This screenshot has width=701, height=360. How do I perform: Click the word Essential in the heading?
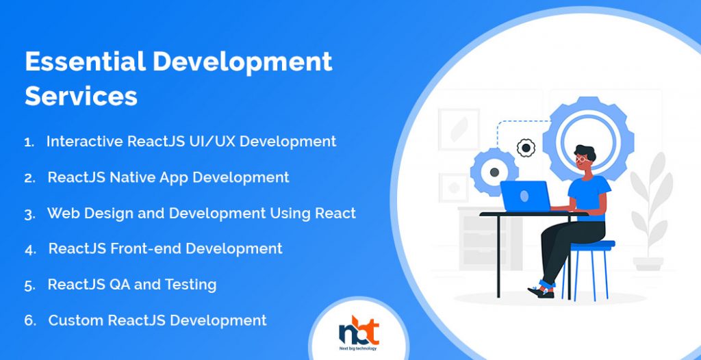(86, 62)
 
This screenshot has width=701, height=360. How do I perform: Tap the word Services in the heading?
(81, 96)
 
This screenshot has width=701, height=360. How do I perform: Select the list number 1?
(29, 142)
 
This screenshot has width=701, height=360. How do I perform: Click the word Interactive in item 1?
(85, 141)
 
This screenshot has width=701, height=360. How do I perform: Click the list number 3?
(29, 215)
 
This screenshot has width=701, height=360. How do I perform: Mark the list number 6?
(30, 320)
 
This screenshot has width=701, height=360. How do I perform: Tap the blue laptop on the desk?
(525, 196)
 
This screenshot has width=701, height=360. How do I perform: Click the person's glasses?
(581, 159)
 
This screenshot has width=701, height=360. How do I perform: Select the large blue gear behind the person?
(588, 139)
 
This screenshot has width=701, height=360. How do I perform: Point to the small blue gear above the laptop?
(494, 172)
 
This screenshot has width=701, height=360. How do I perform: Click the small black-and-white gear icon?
(526, 148)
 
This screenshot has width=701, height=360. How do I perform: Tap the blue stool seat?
(592, 244)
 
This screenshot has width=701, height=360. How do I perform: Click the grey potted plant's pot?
(648, 263)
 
